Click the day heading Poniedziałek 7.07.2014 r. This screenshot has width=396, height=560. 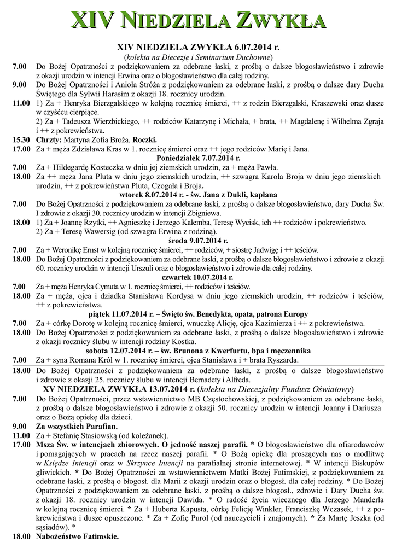pos(198,158)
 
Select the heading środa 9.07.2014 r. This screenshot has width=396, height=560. pos(198,241)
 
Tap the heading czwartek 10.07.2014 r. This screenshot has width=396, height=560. pos(198,277)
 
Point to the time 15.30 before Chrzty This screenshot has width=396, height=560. pos(21,140)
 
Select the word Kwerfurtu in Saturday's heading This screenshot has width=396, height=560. pos(201,351)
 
